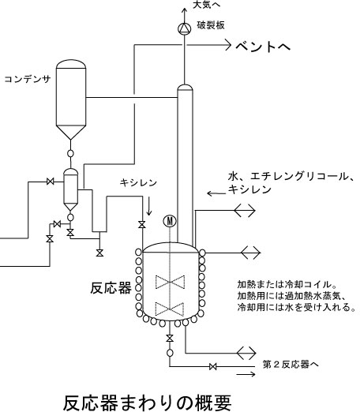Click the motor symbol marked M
point(170,221)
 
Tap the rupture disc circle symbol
point(185,28)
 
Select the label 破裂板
point(211,25)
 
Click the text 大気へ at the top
point(207,5)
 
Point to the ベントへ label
point(263,47)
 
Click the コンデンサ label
point(28,79)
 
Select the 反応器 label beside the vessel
point(111,288)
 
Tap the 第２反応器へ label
point(291,364)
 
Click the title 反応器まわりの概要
point(147,403)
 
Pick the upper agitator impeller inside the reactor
point(170,282)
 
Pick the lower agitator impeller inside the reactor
point(170,309)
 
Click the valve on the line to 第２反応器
point(213,366)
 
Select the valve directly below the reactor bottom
point(170,338)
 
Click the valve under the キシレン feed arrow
point(142,224)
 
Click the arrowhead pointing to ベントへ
point(228,45)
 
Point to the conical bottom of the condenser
point(71,132)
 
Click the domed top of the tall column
point(185,87)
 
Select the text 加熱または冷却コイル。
point(287,284)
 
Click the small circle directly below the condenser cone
point(70,153)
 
